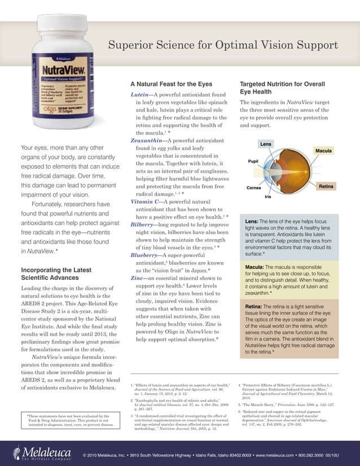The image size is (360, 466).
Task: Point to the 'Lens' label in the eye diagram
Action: [x=265, y=144]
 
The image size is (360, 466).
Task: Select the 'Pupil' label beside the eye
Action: [x=253, y=161]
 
